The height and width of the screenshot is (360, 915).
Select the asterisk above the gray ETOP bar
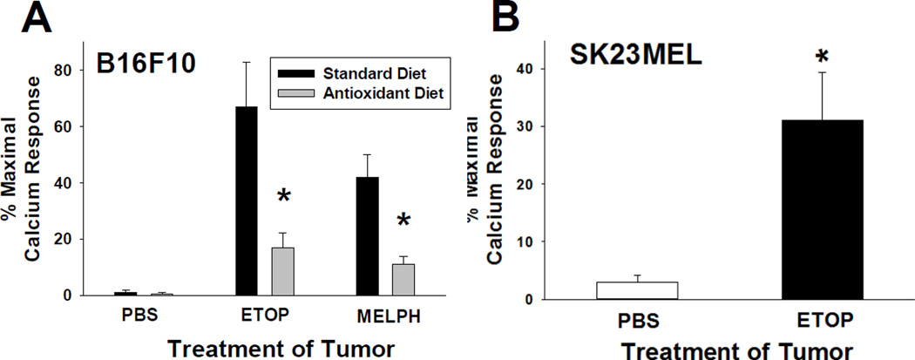284,197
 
